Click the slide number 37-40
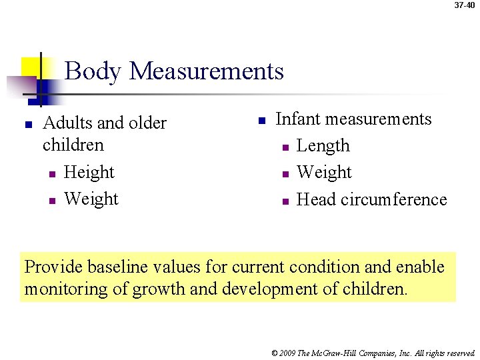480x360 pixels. (465, 5)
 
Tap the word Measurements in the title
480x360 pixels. (207, 71)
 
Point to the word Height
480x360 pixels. (89, 173)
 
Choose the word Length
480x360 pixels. (323, 146)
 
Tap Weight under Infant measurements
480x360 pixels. (324, 173)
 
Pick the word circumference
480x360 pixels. (393, 199)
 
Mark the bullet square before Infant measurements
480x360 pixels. (262, 121)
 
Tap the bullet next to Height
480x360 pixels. (51, 175)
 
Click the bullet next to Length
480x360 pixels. (284, 147)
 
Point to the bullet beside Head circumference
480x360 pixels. (284, 201)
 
